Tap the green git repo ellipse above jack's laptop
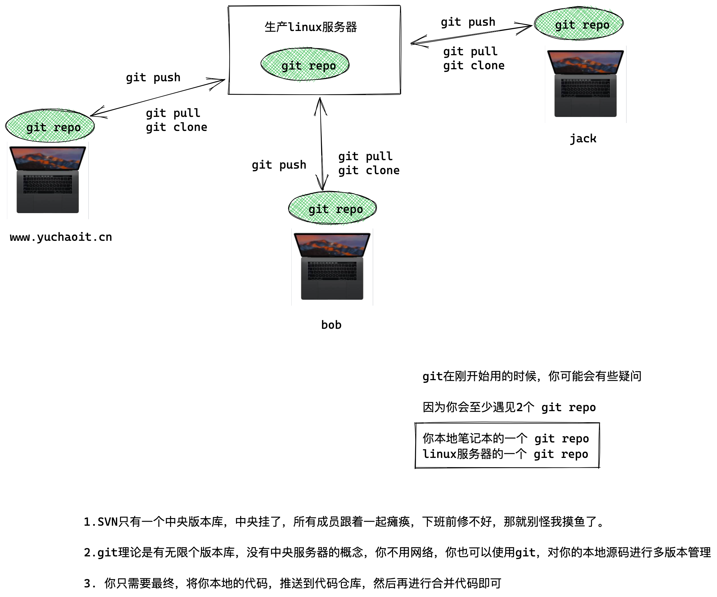(x=579, y=24)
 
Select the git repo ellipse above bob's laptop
(x=332, y=208)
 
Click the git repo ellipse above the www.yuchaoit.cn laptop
(x=50, y=126)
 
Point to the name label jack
(x=583, y=139)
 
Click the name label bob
(x=331, y=325)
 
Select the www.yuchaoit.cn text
(x=61, y=237)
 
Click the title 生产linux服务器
(x=310, y=27)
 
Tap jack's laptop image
(x=586, y=84)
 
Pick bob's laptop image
(x=332, y=267)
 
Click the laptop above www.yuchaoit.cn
(x=48, y=180)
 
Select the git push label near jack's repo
(x=468, y=22)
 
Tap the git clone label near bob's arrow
(x=369, y=170)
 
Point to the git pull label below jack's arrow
(x=470, y=51)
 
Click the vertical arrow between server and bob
(x=321, y=143)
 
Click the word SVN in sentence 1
(x=107, y=522)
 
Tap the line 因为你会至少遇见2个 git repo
(x=509, y=407)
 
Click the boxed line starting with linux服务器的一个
(x=505, y=454)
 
